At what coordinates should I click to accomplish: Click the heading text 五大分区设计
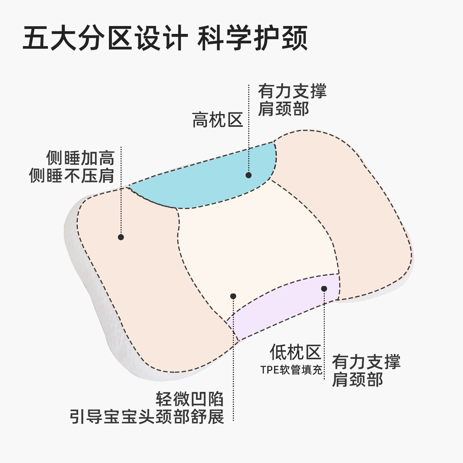(x=105, y=39)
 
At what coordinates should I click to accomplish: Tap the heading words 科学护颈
(x=252, y=39)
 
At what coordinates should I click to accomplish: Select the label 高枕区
(x=217, y=120)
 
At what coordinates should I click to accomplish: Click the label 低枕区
(x=295, y=351)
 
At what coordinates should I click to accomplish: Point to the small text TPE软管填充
(x=291, y=370)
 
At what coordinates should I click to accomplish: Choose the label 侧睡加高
(x=80, y=158)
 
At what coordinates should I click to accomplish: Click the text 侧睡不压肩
(x=72, y=176)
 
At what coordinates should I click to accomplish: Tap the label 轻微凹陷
(x=190, y=399)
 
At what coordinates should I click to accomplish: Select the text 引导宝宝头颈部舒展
(x=147, y=417)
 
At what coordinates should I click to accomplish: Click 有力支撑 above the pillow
(x=292, y=91)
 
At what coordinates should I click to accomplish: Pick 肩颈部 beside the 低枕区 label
(x=357, y=380)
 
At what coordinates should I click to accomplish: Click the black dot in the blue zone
(x=249, y=175)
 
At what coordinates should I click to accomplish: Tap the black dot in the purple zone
(x=324, y=289)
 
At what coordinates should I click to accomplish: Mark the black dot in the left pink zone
(x=121, y=237)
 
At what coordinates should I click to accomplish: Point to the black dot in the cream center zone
(x=233, y=296)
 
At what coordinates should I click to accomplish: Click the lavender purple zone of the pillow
(x=285, y=305)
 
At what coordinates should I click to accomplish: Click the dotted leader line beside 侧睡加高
(x=121, y=190)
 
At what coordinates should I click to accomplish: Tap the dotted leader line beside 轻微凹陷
(x=233, y=356)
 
